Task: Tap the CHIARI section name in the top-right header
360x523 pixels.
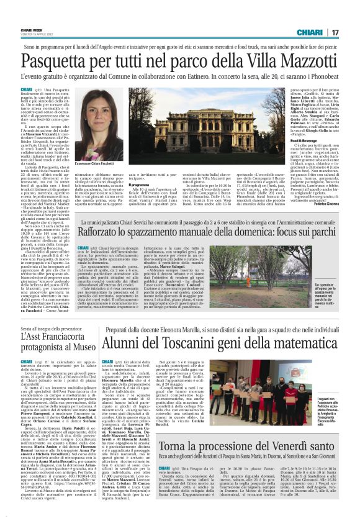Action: (x=310, y=32)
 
